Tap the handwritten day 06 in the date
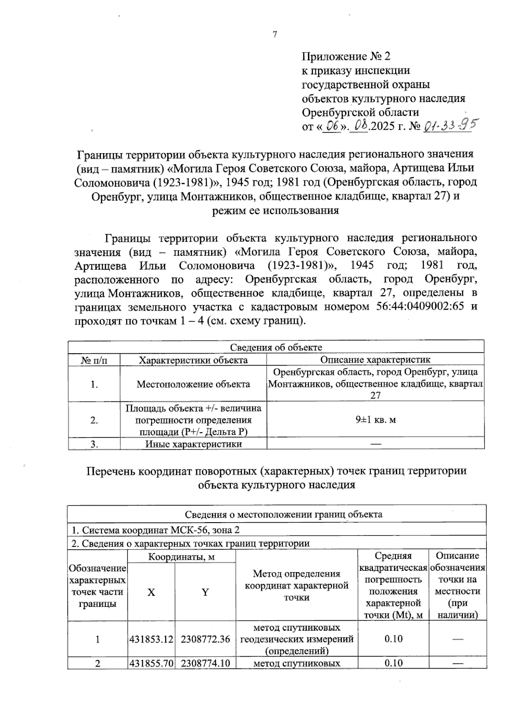pyautogui.click(x=332, y=126)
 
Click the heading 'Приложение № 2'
pyautogui.click(x=346, y=56)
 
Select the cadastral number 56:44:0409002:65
pyautogui.click(x=420, y=307)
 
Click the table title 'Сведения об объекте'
pyautogui.click(x=276, y=347)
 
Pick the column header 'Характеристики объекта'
pyautogui.click(x=193, y=360)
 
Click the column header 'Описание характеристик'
pyautogui.click(x=375, y=360)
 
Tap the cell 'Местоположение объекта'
pyautogui.click(x=193, y=384)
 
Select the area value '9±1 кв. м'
pyautogui.click(x=375, y=419)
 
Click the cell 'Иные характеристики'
pyautogui.click(x=193, y=444)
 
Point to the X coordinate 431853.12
pyautogui.click(x=151, y=639)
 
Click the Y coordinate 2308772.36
pyautogui.click(x=205, y=639)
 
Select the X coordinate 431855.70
pyautogui.click(x=151, y=663)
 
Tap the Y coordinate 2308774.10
pyautogui.click(x=205, y=663)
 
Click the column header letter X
pyautogui.click(x=151, y=592)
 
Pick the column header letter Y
pyautogui.click(x=205, y=592)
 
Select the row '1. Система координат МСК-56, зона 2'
pyautogui.click(x=155, y=530)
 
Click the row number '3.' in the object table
pyautogui.click(x=94, y=444)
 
